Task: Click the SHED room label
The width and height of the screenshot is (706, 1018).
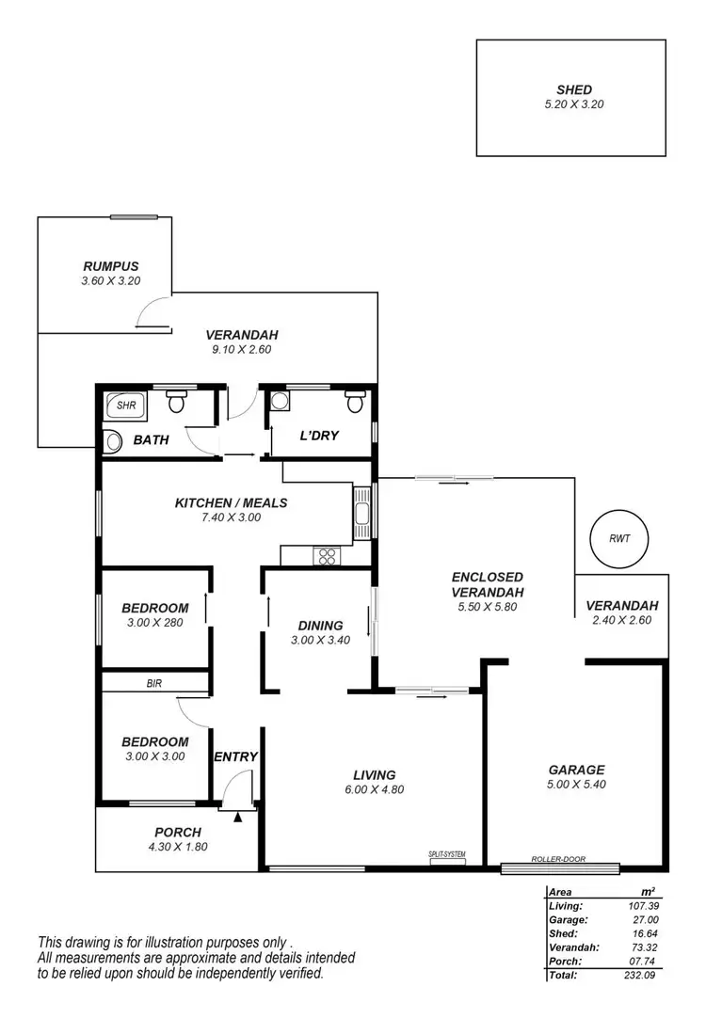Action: click(x=573, y=90)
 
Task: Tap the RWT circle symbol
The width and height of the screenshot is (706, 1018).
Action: click(x=618, y=539)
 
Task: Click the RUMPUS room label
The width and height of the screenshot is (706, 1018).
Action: click(x=110, y=266)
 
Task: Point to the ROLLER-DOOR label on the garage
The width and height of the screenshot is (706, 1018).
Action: click(x=558, y=859)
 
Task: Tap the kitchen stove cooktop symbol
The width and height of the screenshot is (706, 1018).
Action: click(x=327, y=555)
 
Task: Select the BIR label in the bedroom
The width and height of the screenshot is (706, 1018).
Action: click(x=153, y=684)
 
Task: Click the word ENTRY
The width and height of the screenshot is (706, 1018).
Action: click(x=235, y=756)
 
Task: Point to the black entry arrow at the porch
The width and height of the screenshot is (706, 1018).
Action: click(x=238, y=817)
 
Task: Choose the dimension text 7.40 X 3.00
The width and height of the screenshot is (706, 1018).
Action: click(x=231, y=517)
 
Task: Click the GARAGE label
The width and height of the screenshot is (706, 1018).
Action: click(x=575, y=770)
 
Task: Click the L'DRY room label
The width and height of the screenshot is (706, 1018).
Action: click(x=318, y=436)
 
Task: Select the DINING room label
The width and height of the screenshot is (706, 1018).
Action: click(x=320, y=626)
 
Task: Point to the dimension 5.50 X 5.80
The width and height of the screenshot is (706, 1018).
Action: click(x=487, y=607)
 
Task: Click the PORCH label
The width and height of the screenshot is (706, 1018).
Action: click(x=178, y=832)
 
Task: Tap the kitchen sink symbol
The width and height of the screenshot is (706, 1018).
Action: click(x=362, y=514)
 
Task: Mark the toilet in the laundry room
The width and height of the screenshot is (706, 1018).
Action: click(x=355, y=402)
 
